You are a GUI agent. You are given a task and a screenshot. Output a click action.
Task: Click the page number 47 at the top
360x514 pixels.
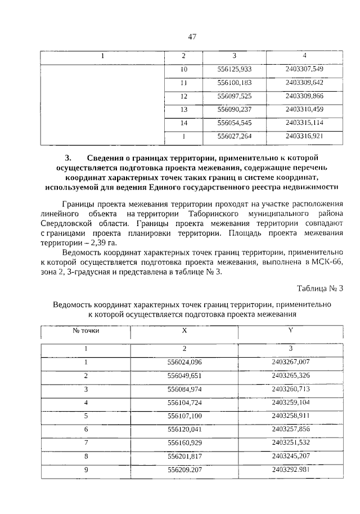coord(192,37)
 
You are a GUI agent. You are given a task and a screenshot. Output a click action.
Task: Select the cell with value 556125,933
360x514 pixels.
coord(234,69)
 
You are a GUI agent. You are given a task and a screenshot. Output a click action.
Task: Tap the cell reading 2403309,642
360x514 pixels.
coord(304,83)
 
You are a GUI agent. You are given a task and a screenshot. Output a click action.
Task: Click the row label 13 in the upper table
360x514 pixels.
coord(183,109)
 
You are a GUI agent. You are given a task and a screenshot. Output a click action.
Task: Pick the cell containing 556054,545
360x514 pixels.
coord(234,123)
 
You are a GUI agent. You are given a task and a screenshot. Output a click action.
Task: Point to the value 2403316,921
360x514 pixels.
coord(304,136)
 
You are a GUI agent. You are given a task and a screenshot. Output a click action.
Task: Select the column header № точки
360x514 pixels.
coord(86,331)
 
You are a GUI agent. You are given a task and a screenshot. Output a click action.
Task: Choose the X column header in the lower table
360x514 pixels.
coord(184,331)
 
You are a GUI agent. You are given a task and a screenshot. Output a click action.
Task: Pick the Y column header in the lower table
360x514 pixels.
coord(290,331)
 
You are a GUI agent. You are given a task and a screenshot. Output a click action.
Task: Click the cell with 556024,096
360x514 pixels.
coord(184,362)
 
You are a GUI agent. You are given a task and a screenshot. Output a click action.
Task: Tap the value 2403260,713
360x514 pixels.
coord(290,389)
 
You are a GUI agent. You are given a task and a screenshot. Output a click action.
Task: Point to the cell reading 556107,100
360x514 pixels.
coord(184,416)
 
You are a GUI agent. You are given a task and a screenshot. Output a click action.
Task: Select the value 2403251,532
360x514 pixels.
coord(290,443)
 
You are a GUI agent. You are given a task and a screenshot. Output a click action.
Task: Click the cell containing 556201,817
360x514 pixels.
coord(184,456)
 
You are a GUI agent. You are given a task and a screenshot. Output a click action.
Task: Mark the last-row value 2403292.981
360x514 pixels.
coord(290,469)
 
